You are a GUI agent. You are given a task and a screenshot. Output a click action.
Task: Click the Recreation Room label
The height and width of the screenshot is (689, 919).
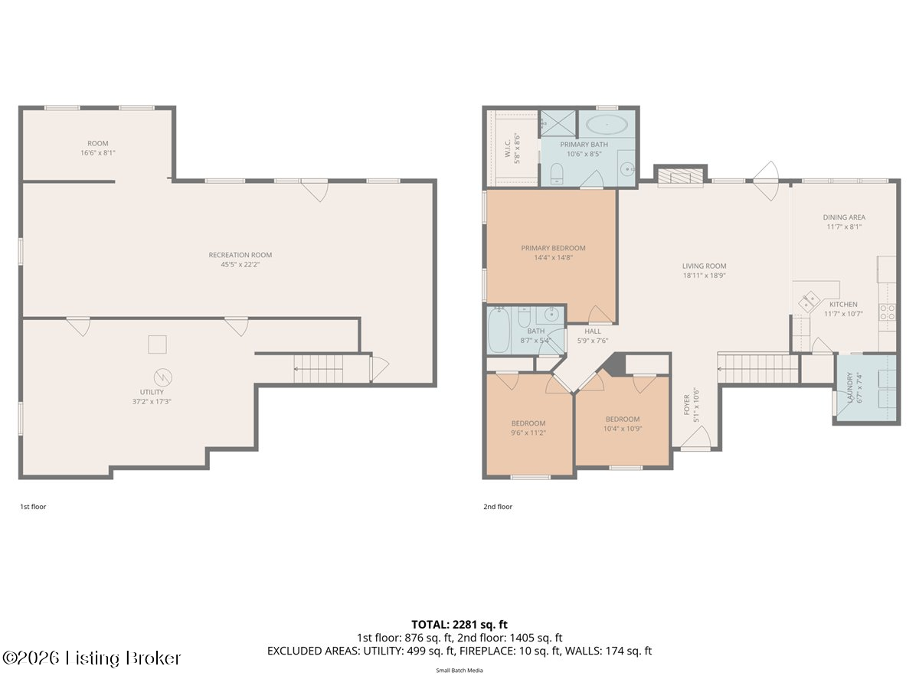tap(240, 255)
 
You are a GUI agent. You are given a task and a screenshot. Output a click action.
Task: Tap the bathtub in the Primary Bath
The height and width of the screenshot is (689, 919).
tap(607, 125)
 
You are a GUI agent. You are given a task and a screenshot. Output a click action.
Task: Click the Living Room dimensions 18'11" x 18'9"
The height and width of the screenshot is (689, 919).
tap(705, 276)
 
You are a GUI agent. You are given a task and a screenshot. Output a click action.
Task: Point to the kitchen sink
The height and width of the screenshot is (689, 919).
tap(809, 301)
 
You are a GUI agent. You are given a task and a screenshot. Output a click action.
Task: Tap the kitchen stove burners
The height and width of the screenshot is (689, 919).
tap(887, 312)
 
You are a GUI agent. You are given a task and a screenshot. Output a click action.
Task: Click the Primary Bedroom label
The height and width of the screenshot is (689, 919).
tap(553, 248)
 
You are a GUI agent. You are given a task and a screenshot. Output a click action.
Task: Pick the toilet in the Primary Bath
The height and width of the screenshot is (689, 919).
tap(557, 173)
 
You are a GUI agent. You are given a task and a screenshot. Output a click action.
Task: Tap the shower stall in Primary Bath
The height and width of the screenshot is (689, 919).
tap(558, 123)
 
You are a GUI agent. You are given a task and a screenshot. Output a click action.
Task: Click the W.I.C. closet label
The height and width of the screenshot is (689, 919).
tap(508, 148)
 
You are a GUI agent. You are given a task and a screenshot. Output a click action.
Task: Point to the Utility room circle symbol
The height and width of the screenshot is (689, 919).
tap(163, 377)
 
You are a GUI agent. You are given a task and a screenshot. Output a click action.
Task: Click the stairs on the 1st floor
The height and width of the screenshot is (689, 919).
tap(318, 369)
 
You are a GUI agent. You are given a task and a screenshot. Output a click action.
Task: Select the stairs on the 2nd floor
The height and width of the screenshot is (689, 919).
tap(758, 369)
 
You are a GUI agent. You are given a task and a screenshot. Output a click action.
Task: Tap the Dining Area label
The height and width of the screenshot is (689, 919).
tap(844, 217)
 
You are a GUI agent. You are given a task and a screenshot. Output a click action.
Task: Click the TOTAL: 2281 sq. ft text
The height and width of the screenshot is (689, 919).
tap(459, 625)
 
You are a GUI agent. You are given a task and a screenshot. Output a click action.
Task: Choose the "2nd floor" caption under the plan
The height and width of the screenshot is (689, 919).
tap(498, 507)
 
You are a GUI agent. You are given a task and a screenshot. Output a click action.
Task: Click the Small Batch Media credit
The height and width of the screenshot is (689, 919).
tap(459, 671)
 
